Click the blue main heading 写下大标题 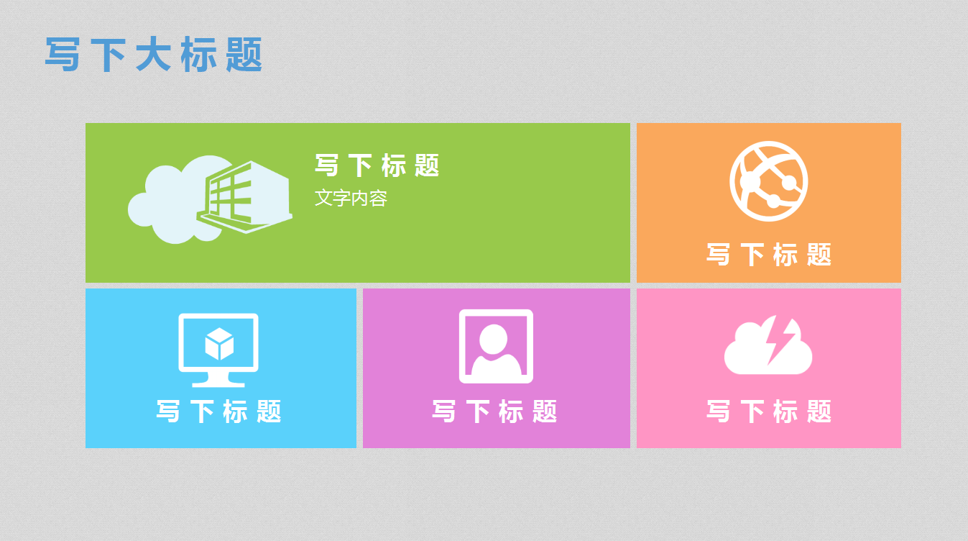click(x=154, y=55)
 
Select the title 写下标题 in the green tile click(x=377, y=166)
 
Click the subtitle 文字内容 click(x=351, y=199)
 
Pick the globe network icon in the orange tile click(x=768, y=181)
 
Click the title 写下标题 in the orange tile click(x=768, y=255)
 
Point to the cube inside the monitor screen click(x=219, y=344)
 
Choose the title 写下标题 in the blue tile click(x=219, y=412)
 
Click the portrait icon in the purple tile click(x=496, y=346)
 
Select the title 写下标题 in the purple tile click(x=495, y=412)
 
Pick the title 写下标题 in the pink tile click(x=768, y=412)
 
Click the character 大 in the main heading click(x=153, y=55)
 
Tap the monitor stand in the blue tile click(x=218, y=379)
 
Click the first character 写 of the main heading click(x=63, y=55)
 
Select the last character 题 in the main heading click(x=244, y=55)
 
